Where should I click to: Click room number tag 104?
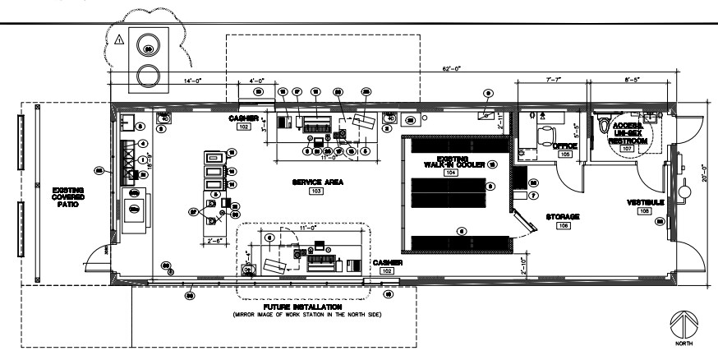coord(451,174)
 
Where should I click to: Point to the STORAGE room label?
coord(564,215)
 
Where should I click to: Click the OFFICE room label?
coord(565,145)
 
